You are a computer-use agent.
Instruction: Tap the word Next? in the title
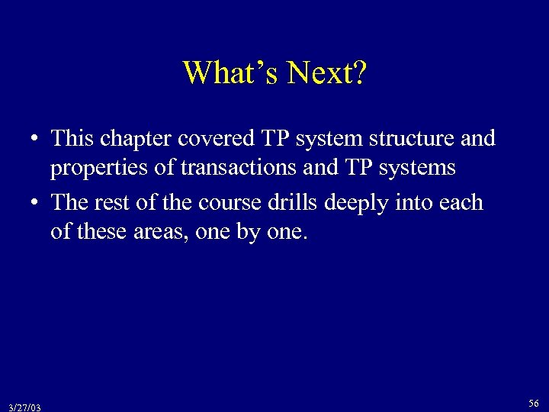click(x=326, y=73)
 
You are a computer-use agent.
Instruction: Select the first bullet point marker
click(x=35, y=140)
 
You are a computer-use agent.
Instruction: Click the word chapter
click(x=136, y=140)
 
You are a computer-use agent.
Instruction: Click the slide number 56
click(x=534, y=403)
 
